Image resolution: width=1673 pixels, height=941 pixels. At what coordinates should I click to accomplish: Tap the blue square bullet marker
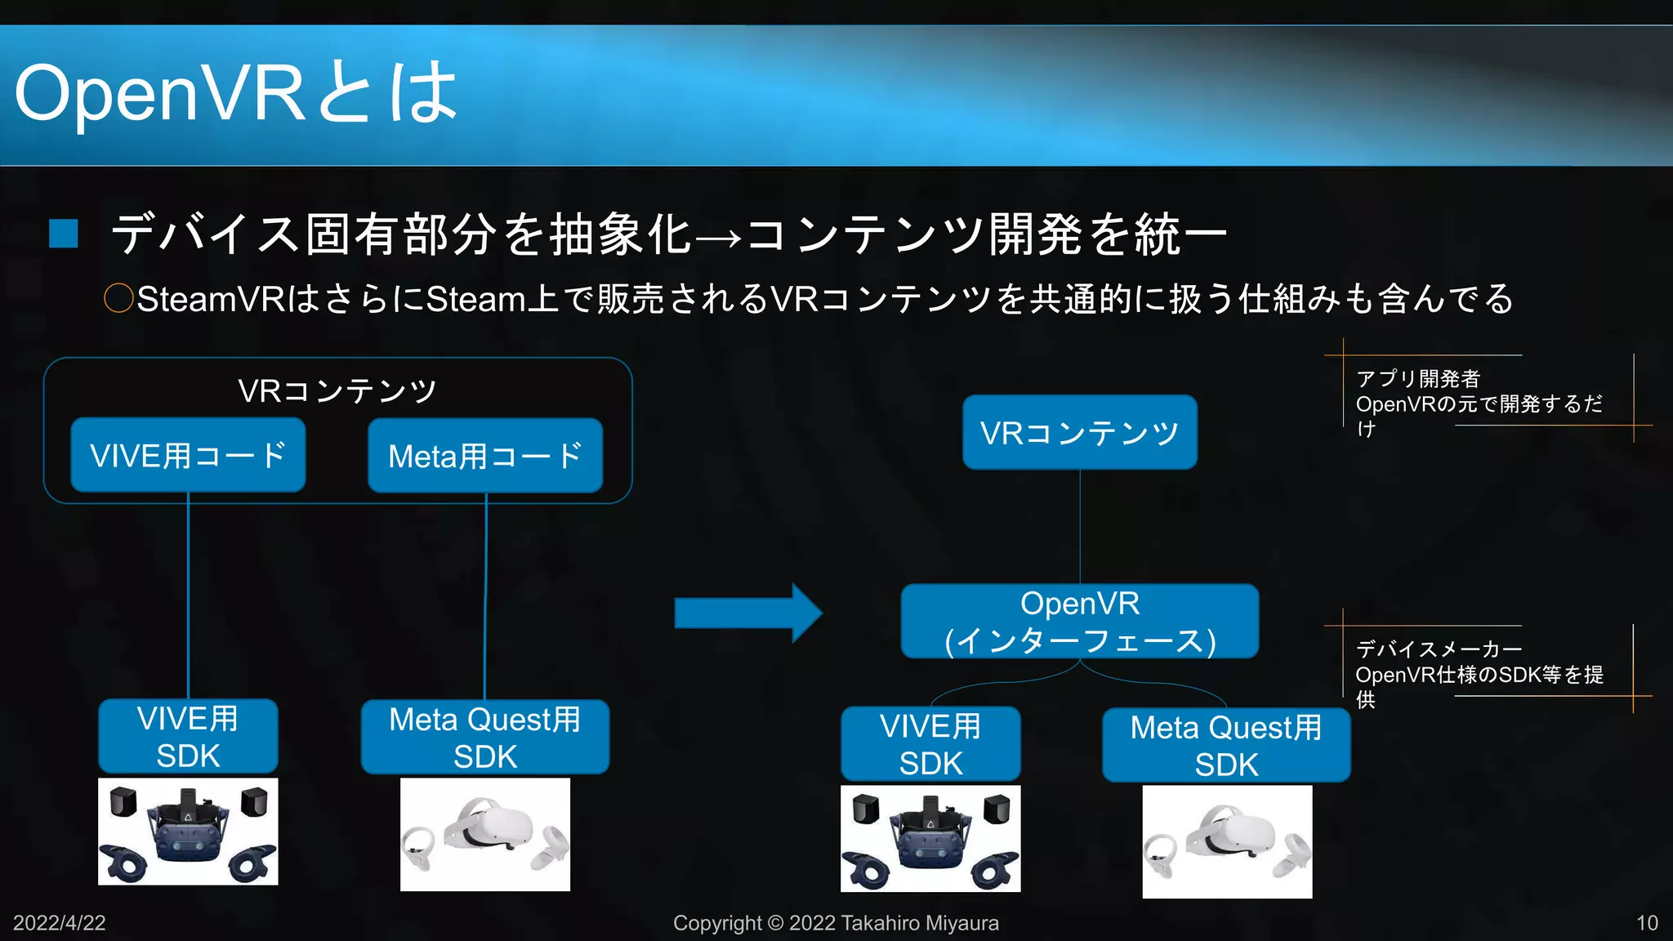64,234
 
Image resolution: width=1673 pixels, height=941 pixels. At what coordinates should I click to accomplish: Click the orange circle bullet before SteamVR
118,298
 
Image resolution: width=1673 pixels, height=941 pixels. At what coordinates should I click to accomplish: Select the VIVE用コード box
188,455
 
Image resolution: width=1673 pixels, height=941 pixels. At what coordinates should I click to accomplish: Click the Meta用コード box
485,456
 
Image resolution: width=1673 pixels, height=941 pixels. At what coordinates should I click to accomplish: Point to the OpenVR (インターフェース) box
1079,622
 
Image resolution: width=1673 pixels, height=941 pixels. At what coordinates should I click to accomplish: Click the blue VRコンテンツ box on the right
1079,432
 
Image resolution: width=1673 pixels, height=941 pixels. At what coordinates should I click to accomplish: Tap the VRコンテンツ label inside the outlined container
337,390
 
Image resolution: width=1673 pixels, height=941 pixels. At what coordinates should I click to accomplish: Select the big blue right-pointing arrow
747,613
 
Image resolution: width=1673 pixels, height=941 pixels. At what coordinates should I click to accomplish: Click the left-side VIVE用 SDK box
188,736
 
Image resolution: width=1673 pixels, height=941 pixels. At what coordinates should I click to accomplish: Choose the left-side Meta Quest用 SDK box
485,737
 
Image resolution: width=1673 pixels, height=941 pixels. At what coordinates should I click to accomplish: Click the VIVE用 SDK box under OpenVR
930,744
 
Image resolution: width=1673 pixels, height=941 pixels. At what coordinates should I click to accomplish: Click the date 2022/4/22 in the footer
59,923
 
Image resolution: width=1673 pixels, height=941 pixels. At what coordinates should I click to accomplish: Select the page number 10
1647,923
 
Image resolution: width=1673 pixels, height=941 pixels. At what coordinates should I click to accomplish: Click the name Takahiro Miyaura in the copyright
919,923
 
